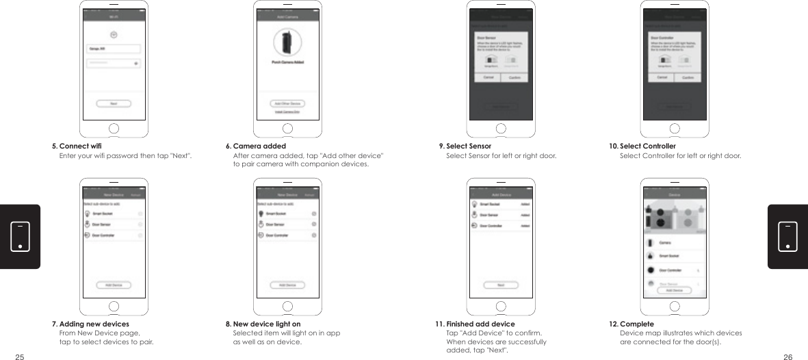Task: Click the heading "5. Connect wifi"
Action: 77,146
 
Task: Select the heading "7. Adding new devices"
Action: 90,324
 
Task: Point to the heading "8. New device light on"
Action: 263,324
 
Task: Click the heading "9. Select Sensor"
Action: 465,146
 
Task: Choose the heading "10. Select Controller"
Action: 642,146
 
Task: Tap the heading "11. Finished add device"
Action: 475,324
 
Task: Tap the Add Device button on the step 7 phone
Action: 114,285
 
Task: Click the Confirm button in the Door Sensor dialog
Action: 514,77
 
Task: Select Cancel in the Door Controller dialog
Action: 662,77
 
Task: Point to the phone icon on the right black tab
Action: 787,236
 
